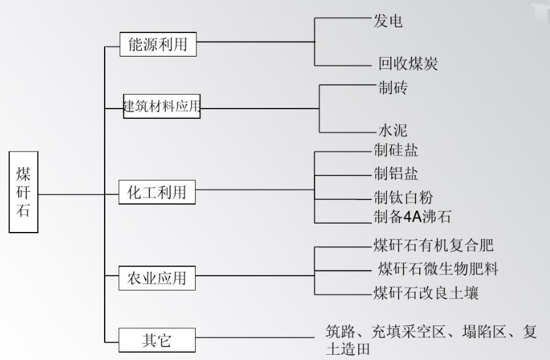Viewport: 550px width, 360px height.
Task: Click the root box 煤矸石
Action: coord(23,193)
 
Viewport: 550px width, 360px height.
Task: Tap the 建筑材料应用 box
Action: coord(161,105)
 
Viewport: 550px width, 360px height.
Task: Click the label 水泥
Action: coord(393,130)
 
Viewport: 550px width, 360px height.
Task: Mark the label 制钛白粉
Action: coord(403,196)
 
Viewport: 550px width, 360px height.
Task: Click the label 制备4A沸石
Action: coord(412,216)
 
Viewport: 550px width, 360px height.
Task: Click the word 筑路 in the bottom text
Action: coord(339,331)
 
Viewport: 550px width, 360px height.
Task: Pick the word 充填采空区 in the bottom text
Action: coord(410,331)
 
